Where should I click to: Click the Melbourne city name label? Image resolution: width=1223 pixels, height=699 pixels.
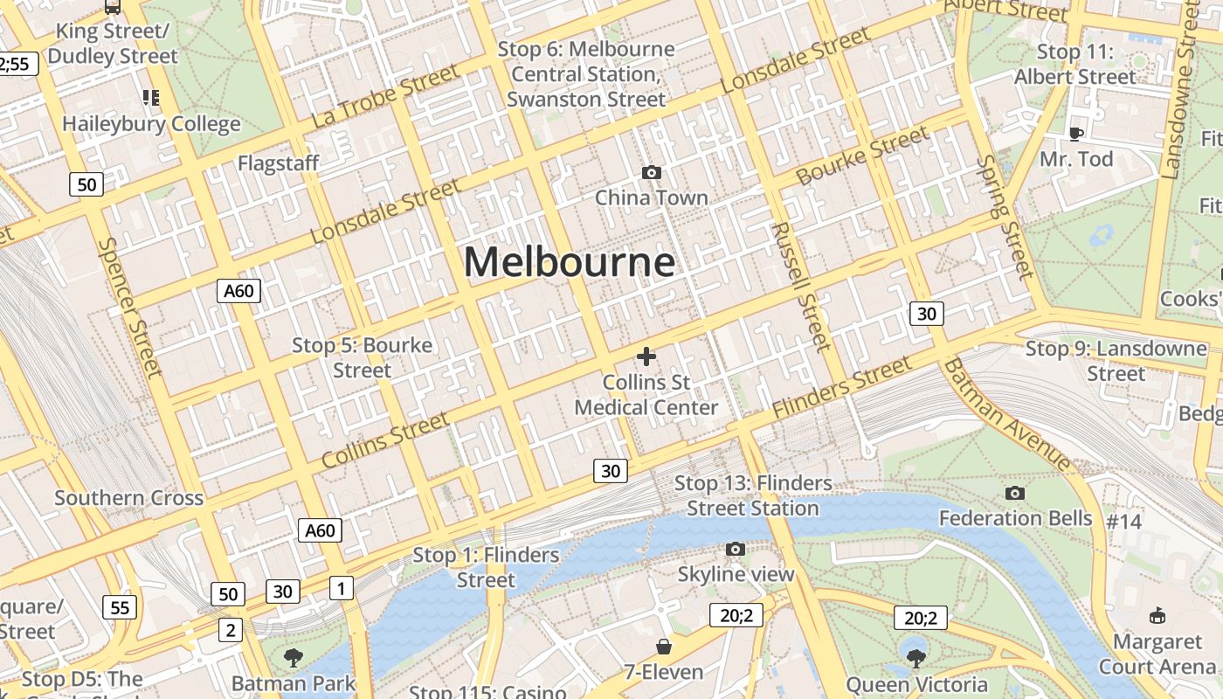(569, 261)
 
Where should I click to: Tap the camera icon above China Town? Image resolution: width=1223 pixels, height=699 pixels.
(651, 173)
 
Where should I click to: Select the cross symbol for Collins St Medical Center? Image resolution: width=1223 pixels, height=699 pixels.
(646, 356)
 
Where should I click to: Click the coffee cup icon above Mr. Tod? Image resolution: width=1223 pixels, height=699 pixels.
(1076, 134)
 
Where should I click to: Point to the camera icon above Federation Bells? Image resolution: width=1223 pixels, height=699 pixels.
(1014, 493)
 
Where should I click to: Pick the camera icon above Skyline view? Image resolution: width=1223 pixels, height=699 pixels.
(736, 549)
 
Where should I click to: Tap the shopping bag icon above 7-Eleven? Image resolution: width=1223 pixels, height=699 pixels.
(664, 647)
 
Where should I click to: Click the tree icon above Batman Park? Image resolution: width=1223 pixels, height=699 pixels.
(294, 657)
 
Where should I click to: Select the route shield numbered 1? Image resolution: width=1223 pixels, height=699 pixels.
(342, 588)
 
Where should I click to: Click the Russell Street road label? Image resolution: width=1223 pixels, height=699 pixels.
(798, 286)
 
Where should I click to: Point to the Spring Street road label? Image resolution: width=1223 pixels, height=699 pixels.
(1005, 218)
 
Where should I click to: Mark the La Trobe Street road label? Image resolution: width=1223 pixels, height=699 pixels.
(384, 96)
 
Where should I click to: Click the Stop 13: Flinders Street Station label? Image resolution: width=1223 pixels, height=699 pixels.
(753, 495)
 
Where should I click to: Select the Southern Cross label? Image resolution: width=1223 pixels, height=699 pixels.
(128, 498)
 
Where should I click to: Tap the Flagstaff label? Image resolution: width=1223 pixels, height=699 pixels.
(278, 163)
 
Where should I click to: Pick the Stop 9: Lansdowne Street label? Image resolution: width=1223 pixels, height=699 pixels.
(1116, 361)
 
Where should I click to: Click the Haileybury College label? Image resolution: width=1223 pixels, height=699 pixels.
(151, 124)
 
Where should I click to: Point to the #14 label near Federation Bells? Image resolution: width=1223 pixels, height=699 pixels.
(1123, 522)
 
